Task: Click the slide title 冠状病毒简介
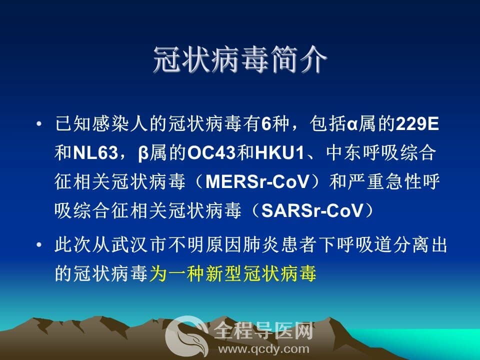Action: click(x=240, y=59)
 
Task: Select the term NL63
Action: click(x=95, y=152)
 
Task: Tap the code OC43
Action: click(x=211, y=152)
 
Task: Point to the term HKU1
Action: click(x=279, y=152)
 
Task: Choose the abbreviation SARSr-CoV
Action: click(x=312, y=210)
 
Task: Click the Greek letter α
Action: click(x=352, y=124)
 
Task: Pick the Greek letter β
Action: click(x=143, y=153)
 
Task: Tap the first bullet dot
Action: click(x=39, y=124)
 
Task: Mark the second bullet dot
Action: click(x=39, y=245)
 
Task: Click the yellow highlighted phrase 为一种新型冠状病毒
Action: click(x=232, y=273)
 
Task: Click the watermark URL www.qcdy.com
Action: click(x=263, y=349)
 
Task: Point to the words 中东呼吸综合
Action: click(x=381, y=152)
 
